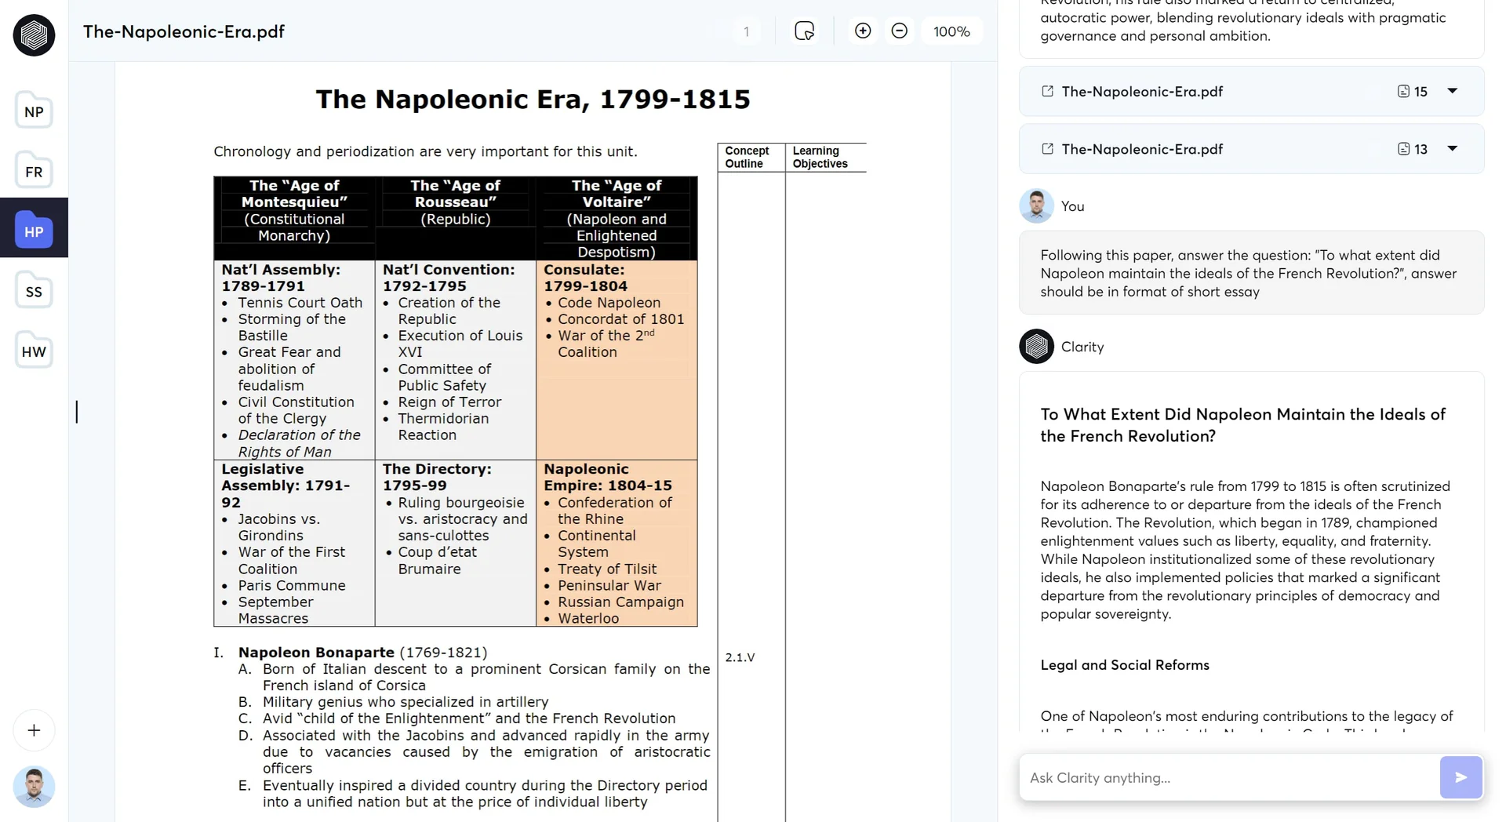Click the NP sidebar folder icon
(x=34, y=111)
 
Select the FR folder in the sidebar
(x=34, y=171)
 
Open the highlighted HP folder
(x=34, y=231)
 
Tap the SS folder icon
(x=34, y=291)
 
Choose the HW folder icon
(x=34, y=351)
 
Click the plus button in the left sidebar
(x=34, y=730)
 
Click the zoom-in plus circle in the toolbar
(x=863, y=31)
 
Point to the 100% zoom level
(x=951, y=31)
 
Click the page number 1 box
(x=746, y=31)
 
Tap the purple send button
(x=1461, y=777)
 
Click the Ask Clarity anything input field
(x=1228, y=777)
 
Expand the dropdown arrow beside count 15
(x=1452, y=91)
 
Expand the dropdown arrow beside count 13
(x=1452, y=148)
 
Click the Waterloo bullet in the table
(x=587, y=618)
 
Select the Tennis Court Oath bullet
(x=300, y=303)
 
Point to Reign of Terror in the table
(x=449, y=402)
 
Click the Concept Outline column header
(x=746, y=157)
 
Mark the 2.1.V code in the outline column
(x=740, y=657)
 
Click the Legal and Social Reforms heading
(x=1124, y=665)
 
